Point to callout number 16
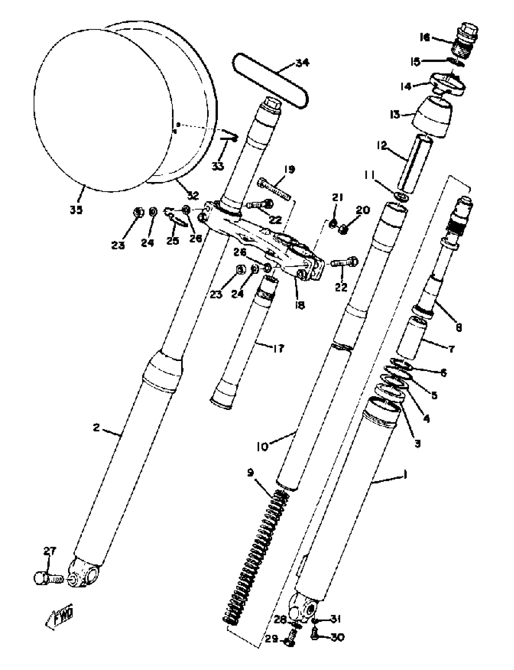425,37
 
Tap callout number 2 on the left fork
96,428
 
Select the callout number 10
262,447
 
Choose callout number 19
289,169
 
